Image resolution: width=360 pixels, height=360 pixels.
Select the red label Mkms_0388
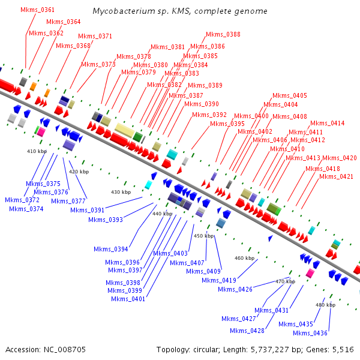point(223,35)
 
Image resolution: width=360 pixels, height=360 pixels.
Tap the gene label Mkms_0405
point(289,96)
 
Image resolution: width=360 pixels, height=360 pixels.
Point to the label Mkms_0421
point(336,176)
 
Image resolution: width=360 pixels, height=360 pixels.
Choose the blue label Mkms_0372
point(22,200)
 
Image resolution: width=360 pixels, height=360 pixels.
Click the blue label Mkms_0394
point(111,248)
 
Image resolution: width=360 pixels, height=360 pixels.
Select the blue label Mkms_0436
point(310,333)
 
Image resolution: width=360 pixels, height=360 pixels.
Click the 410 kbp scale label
point(37,152)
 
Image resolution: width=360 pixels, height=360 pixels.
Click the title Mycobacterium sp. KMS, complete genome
point(180,11)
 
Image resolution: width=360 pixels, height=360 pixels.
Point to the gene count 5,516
point(343,349)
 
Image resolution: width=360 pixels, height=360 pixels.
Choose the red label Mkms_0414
point(327,124)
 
